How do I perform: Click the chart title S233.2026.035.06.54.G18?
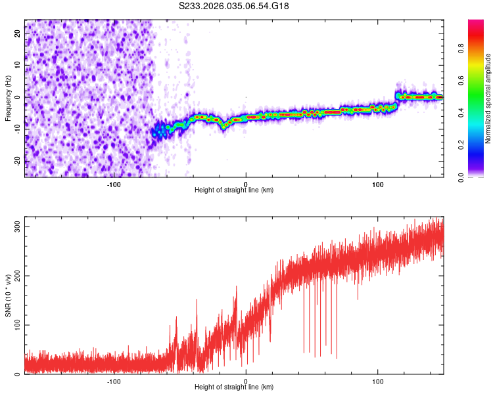click(x=234, y=7)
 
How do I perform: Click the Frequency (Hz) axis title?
click(x=8, y=98)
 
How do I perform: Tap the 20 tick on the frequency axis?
click(x=18, y=32)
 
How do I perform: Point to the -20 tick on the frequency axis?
click(x=18, y=161)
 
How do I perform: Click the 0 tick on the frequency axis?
click(x=18, y=97)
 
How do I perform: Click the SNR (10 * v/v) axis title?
click(x=8, y=295)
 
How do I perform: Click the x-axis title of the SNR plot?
click(x=234, y=387)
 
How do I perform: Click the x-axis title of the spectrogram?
click(x=234, y=190)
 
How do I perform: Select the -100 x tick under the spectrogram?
click(x=114, y=184)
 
